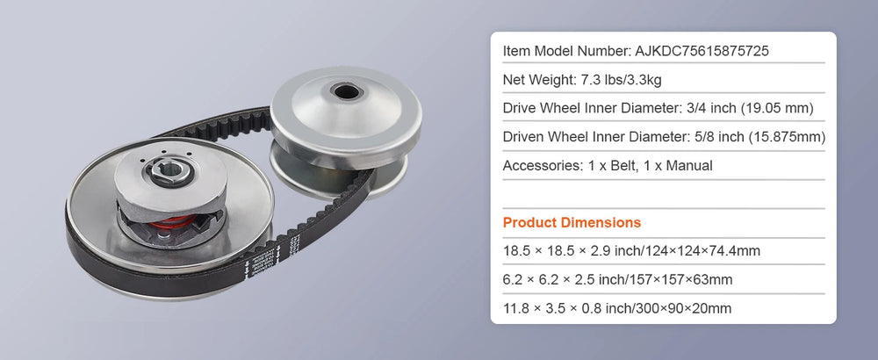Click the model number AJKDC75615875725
702,51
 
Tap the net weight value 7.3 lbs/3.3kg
619,80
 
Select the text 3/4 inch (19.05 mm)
750,108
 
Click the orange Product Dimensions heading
572,222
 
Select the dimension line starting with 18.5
631,251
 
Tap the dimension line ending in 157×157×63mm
617,279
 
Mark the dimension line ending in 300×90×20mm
617,308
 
